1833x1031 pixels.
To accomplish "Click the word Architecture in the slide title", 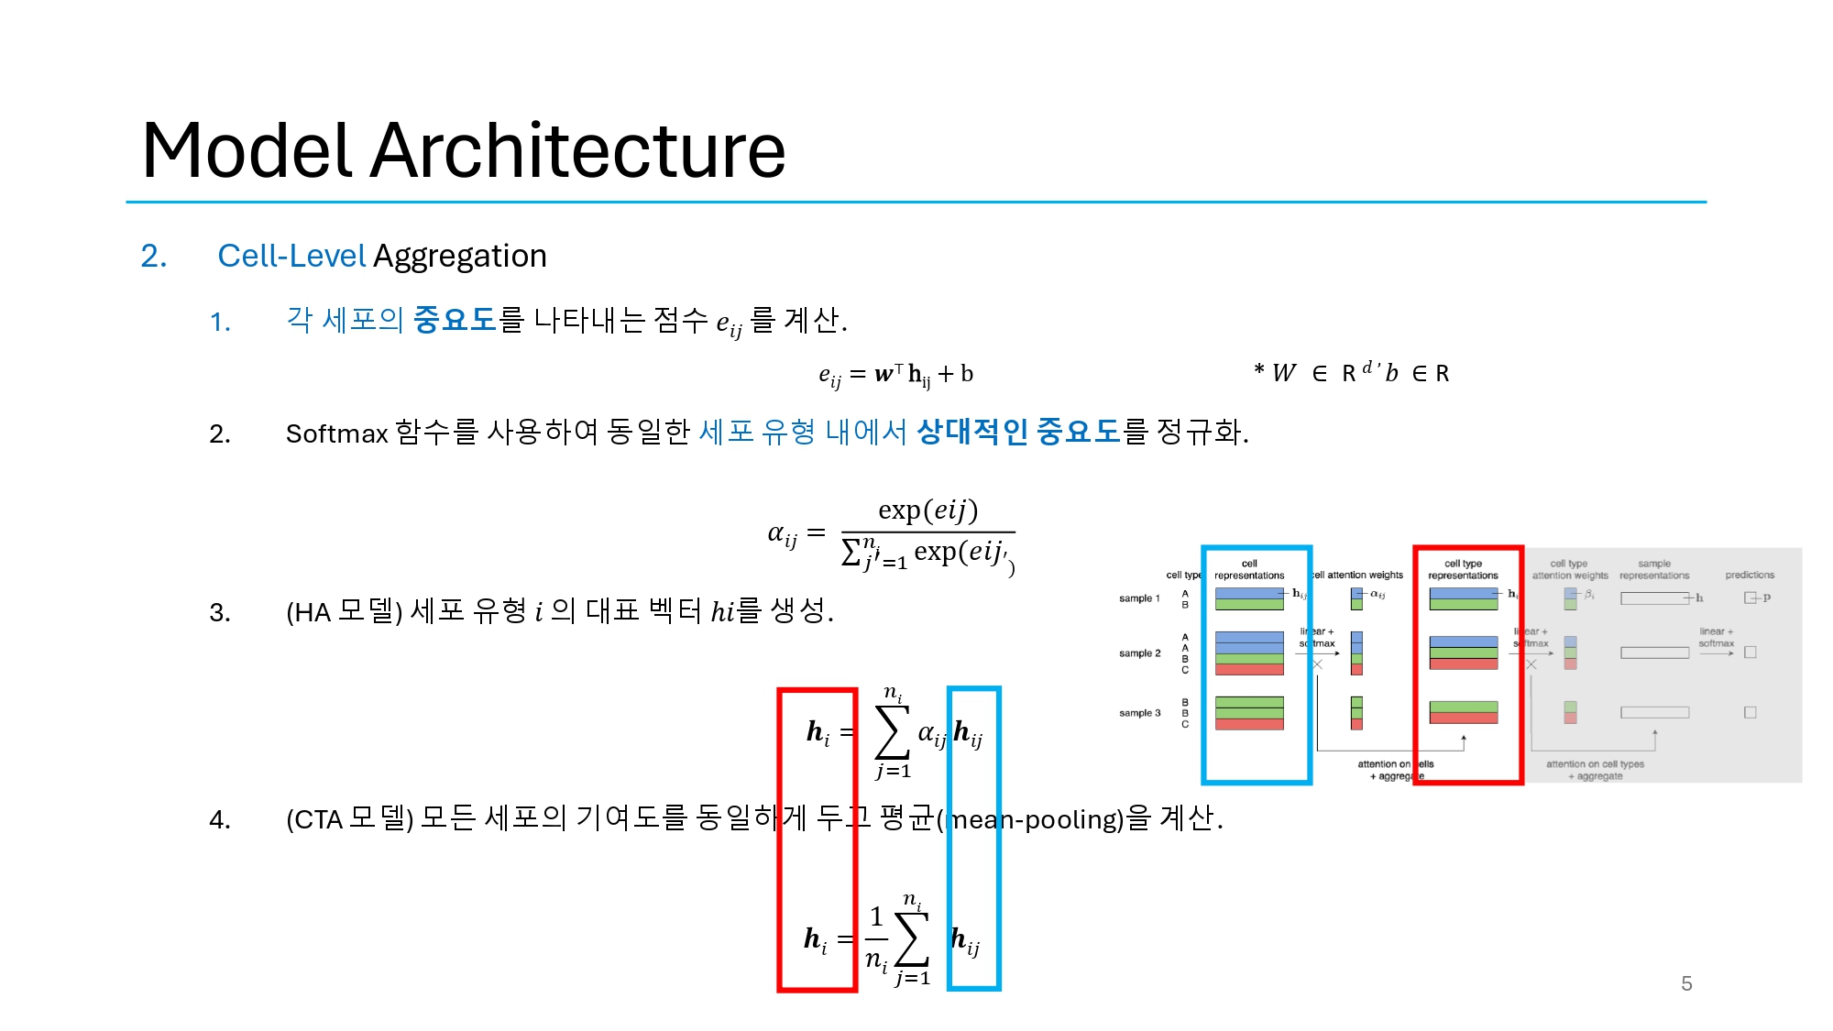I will pos(577,151).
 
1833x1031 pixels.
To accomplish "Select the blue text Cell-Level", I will pos(291,256).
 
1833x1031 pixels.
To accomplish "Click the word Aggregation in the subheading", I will pos(460,257).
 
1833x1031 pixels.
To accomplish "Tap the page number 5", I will pos(1686,983).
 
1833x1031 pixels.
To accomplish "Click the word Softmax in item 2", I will pos(336,433).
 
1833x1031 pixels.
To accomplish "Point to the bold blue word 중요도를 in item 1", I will pos(455,320).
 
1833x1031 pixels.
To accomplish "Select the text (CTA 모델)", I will pos(350,818).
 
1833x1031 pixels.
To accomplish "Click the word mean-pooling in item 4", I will pos(1036,818).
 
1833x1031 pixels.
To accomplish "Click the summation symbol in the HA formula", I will pos(893,732).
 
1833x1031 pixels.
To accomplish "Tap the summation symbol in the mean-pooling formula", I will pos(912,939).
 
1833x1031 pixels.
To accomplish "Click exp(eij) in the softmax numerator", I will pos(927,510).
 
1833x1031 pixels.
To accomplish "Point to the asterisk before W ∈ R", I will pos(1259,371).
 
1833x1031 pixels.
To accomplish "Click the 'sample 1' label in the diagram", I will pos(1139,598).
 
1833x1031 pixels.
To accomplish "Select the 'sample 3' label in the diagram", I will pos(1139,713).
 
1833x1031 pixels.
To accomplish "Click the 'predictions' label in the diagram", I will pos(1750,576).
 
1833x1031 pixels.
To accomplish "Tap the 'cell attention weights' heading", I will pos(1358,576).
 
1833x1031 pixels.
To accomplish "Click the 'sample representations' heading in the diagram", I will pos(1654,570).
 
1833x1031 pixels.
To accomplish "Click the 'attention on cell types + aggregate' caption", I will pos(1596,770).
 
